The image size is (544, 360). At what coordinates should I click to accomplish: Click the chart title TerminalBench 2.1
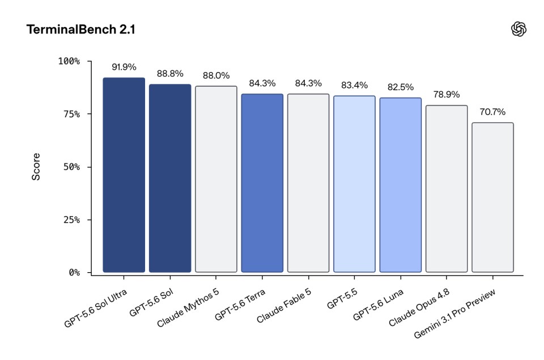tap(80, 29)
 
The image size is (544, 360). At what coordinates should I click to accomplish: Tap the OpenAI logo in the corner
tap(518, 29)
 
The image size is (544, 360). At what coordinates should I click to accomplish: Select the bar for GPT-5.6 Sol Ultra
tap(124, 175)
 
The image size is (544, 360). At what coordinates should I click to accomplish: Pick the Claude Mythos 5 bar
tap(216, 179)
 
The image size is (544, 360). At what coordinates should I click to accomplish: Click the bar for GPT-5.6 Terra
tap(262, 183)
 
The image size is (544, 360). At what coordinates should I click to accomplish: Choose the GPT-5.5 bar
tap(354, 184)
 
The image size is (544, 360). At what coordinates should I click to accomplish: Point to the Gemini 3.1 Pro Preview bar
tap(492, 197)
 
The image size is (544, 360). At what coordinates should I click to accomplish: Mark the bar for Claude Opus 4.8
tap(447, 189)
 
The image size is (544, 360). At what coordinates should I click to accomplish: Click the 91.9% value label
tap(124, 67)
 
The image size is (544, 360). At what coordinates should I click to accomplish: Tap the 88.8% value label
tap(170, 74)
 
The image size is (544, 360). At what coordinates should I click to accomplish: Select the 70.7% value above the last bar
tap(492, 112)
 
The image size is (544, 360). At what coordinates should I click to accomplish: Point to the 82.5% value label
tap(401, 87)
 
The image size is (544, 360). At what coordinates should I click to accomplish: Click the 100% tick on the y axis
tap(69, 61)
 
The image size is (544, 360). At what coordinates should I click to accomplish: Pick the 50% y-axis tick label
tap(72, 167)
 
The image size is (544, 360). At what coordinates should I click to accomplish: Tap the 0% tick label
tap(74, 273)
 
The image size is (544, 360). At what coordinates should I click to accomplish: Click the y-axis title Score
tap(36, 167)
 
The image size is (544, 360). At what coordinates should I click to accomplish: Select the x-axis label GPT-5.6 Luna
tap(378, 304)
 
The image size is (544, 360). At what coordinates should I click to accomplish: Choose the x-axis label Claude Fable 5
tap(284, 306)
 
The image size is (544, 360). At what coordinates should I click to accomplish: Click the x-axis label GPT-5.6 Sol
tap(151, 303)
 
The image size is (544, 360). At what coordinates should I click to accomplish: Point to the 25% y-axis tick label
tap(72, 220)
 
